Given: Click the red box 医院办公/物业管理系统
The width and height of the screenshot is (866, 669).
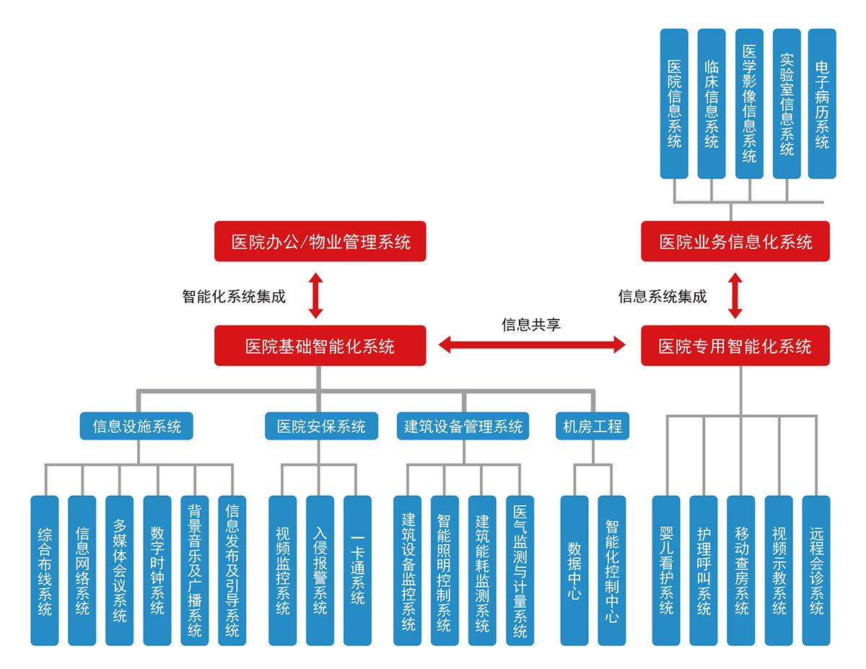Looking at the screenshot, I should tap(320, 241).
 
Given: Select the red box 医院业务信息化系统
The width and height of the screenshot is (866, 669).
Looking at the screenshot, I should tap(735, 241).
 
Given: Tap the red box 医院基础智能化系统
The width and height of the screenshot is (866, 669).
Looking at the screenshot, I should tap(320, 346).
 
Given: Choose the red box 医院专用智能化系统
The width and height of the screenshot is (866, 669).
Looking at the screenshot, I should tap(735, 346).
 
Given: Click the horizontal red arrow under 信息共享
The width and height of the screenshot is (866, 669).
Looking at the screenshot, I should tap(533, 345).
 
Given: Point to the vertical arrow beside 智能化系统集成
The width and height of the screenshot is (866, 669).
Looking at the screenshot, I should tap(316, 295).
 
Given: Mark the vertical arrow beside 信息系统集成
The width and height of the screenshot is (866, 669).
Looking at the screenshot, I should tap(735, 295).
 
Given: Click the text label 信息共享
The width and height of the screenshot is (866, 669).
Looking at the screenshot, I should tap(531, 324).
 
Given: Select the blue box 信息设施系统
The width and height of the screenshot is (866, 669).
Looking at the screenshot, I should tap(136, 426).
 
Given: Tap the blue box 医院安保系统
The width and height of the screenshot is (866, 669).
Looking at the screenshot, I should tap(321, 426).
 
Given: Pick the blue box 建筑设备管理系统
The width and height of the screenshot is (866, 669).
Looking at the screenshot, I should tap(463, 426).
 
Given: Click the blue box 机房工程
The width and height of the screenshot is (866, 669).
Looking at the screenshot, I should tap(592, 426).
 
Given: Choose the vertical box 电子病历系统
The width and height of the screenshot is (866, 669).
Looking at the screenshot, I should tap(822, 104).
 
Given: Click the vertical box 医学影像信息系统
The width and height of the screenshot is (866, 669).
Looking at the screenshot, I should tap(749, 104).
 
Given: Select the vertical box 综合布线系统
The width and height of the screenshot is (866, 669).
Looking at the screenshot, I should tap(45, 570).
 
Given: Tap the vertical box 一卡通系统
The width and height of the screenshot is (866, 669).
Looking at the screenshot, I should tap(357, 570).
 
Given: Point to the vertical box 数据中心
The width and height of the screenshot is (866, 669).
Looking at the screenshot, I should tap(574, 570).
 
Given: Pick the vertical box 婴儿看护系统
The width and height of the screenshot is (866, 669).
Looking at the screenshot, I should tap(666, 570).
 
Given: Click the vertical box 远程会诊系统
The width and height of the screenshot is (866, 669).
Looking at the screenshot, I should tap(816, 570).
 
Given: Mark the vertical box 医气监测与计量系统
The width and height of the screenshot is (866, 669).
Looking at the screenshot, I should tap(520, 570).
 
